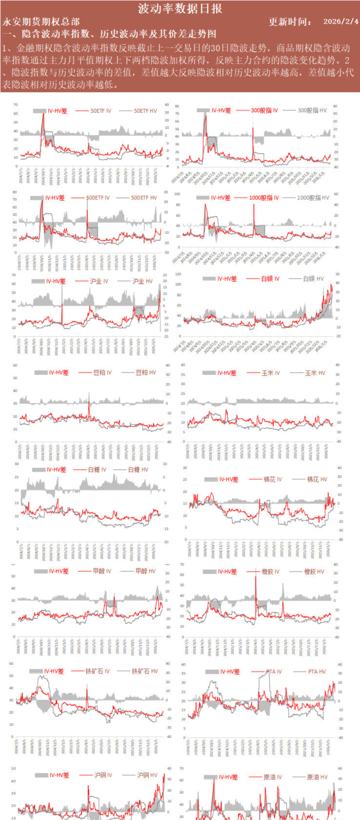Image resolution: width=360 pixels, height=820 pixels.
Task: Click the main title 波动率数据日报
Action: pyautogui.click(x=180, y=8)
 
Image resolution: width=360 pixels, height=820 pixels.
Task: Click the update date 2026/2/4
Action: pyautogui.click(x=340, y=21)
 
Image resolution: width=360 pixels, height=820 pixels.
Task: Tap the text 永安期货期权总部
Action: pyautogui.click(x=41, y=21)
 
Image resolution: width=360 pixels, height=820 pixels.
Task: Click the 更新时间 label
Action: pyautogui.click(x=290, y=21)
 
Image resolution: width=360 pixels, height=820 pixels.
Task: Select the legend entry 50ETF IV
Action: pyautogui.click(x=100, y=111)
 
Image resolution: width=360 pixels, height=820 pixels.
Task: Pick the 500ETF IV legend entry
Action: pyautogui.click(x=98, y=198)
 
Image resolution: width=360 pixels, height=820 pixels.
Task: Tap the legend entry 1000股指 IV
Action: pyautogui.click(x=264, y=198)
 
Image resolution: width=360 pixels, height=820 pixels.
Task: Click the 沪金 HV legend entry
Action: pyautogui.click(x=142, y=281)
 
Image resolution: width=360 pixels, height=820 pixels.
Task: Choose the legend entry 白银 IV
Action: pyautogui.click(x=270, y=279)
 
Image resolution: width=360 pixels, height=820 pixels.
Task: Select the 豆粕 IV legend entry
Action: pyautogui.click(x=102, y=372)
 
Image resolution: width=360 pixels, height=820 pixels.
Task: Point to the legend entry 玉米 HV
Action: pyautogui.click(x=315, y=373)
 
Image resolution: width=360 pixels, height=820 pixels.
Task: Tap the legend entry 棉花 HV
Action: pyautogui.click(x=317, y=479)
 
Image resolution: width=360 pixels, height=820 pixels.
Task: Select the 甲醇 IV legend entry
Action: pyautogui.click(x=101, y=571)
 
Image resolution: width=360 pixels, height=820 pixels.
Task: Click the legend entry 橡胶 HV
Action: pyautogui.click(x=314, y=572)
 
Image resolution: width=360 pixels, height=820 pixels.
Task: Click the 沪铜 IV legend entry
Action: pyautogui.click(x=103, y=775)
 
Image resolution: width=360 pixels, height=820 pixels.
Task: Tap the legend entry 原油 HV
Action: pyautogui.click(x=317, y=777)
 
